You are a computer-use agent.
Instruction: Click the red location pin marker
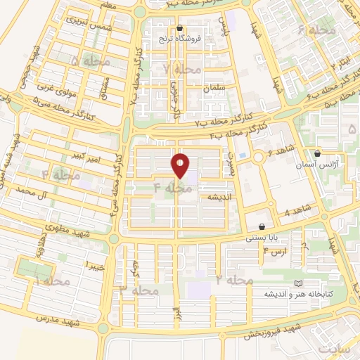181,165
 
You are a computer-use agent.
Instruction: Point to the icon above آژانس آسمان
317,153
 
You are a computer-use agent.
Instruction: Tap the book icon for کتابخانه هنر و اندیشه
259,283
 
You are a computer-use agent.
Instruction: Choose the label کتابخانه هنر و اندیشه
295,294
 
